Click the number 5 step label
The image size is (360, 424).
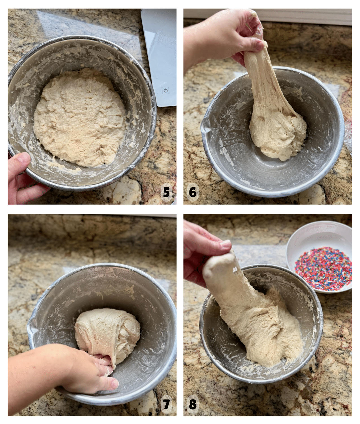(x=166, y=192)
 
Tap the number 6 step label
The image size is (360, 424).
(x=193, y=192)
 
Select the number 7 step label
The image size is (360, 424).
(x=166, y=404)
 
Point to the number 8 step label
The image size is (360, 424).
(x=193, y=404)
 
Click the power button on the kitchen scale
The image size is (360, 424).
(x=165, y=90)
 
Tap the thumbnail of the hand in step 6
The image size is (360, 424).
(x=259, y=43)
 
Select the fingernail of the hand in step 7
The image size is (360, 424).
(x=115, y=384)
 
